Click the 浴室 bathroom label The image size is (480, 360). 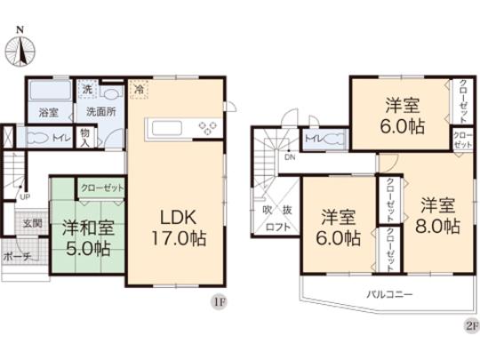[48, 113]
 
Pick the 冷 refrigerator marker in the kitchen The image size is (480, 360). [138, 88]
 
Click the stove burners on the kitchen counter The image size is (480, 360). [208, 129]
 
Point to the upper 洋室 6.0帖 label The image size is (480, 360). [402, 114]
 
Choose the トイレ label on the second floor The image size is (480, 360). [314, 138]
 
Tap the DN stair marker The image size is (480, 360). [289, 158]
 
